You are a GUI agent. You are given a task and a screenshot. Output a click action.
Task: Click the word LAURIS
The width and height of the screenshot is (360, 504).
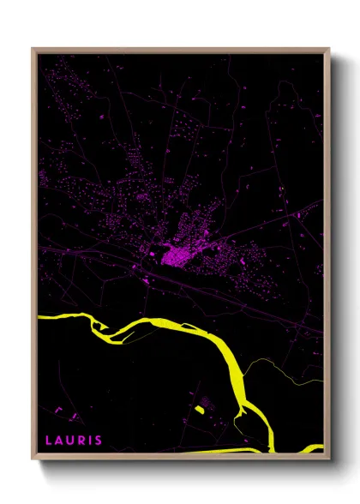tap(74, 441)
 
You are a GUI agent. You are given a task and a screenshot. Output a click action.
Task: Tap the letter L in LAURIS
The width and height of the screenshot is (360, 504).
tap(49, 441)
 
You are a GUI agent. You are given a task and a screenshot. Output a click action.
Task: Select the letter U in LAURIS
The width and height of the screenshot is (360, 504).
tap(72, 441)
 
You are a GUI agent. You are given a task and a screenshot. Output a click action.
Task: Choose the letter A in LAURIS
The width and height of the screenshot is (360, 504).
tap(60, 441)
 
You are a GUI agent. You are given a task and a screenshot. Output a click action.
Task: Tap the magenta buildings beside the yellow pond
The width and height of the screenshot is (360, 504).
tap(207, 400)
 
